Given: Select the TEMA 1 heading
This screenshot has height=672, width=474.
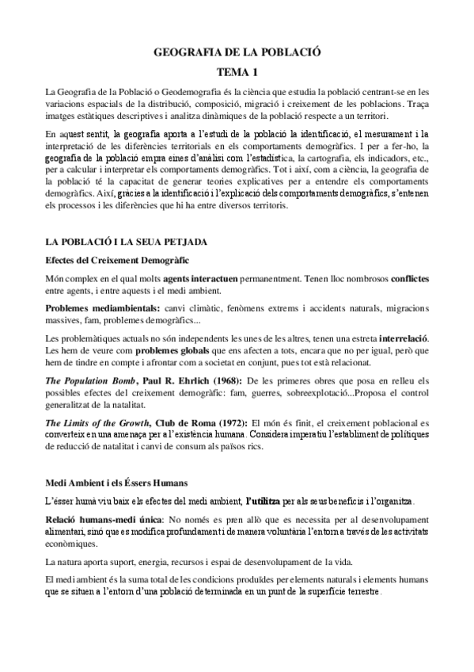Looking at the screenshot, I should click(x=237, y=72).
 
